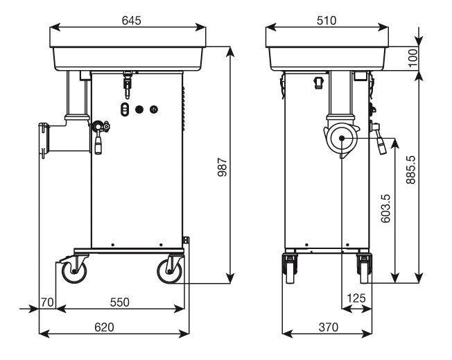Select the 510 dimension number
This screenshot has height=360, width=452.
pyautogui.click(x=327, y=20)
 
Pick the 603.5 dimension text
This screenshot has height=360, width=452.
pyautogui.click(x=386, y=207)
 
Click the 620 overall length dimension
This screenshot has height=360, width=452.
pyautogui.click(x=103, y=327)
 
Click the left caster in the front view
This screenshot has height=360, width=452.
pyautogui.click(x=288, y=267)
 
